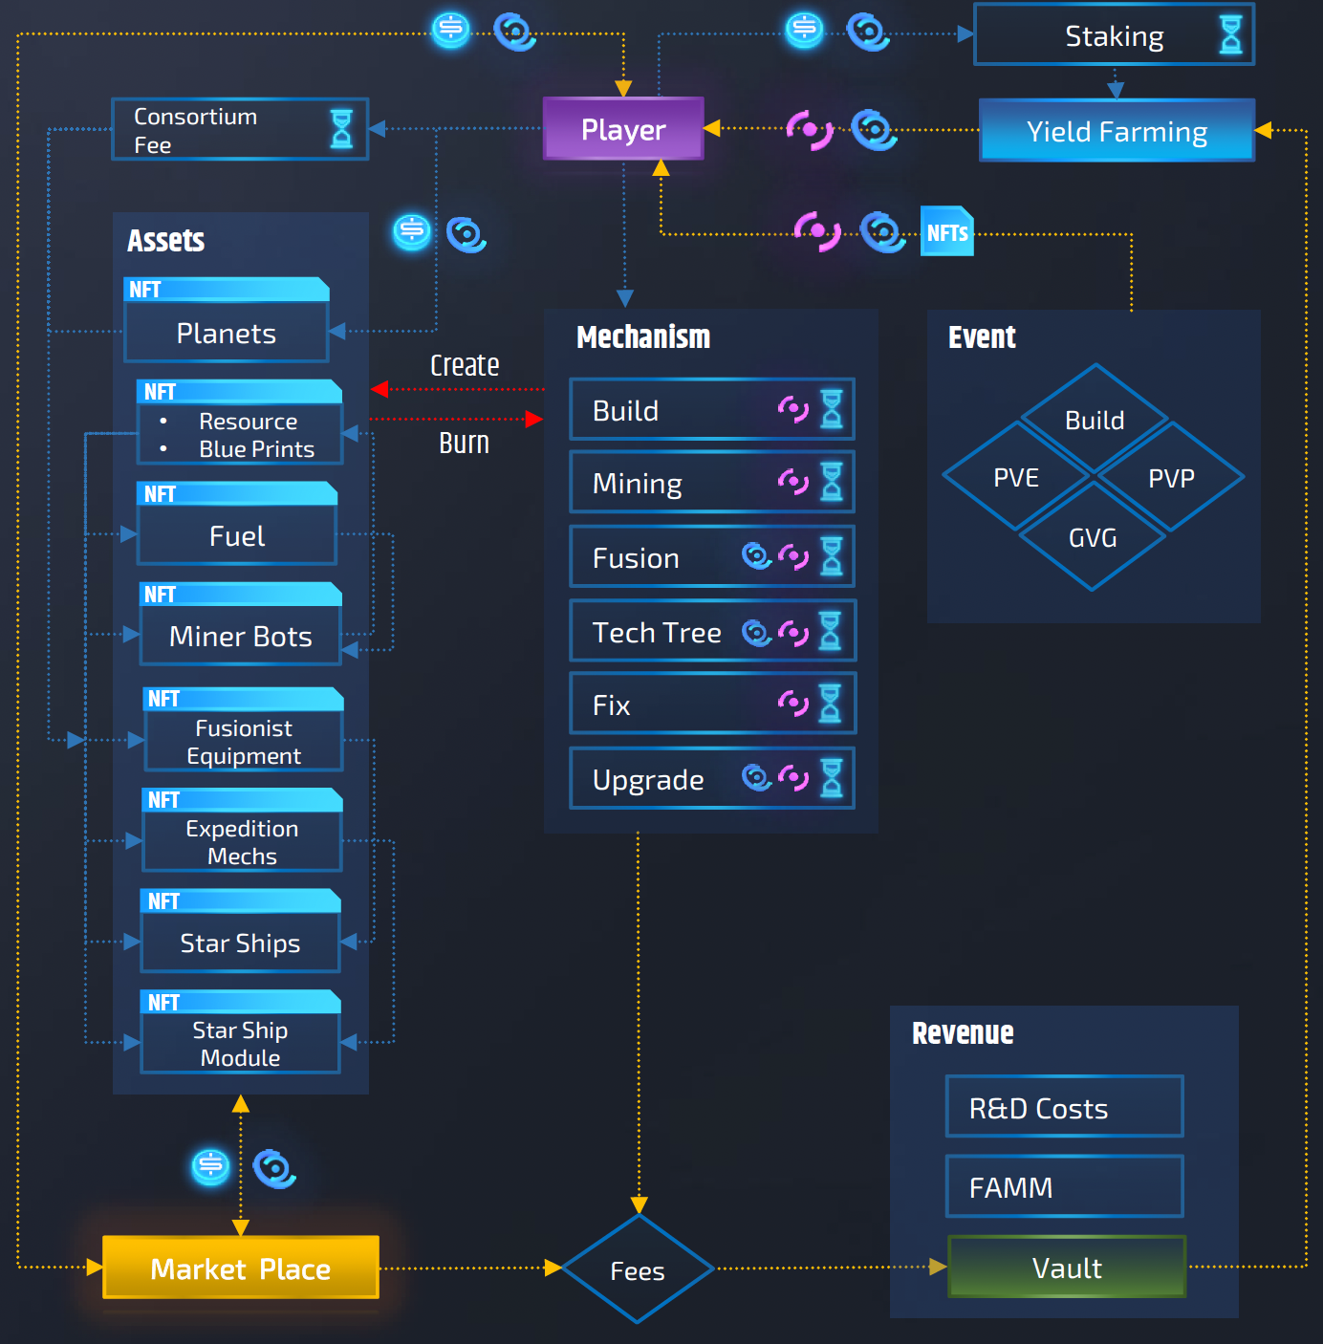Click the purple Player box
623,129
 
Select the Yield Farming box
1117,131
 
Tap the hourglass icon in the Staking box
1231,35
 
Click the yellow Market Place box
241,1268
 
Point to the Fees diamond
638,1270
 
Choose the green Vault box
1067,1268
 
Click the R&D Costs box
1064,1107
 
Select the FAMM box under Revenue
1064,1186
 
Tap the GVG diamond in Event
1093,537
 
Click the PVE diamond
1016,477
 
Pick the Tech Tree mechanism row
712,632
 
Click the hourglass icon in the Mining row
832,482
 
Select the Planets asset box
227,334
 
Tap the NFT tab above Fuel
161,494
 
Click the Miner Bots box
241,637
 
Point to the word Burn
464,444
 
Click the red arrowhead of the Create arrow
379,389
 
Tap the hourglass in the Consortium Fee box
341,129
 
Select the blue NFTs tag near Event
947,232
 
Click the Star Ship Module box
240,1044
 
